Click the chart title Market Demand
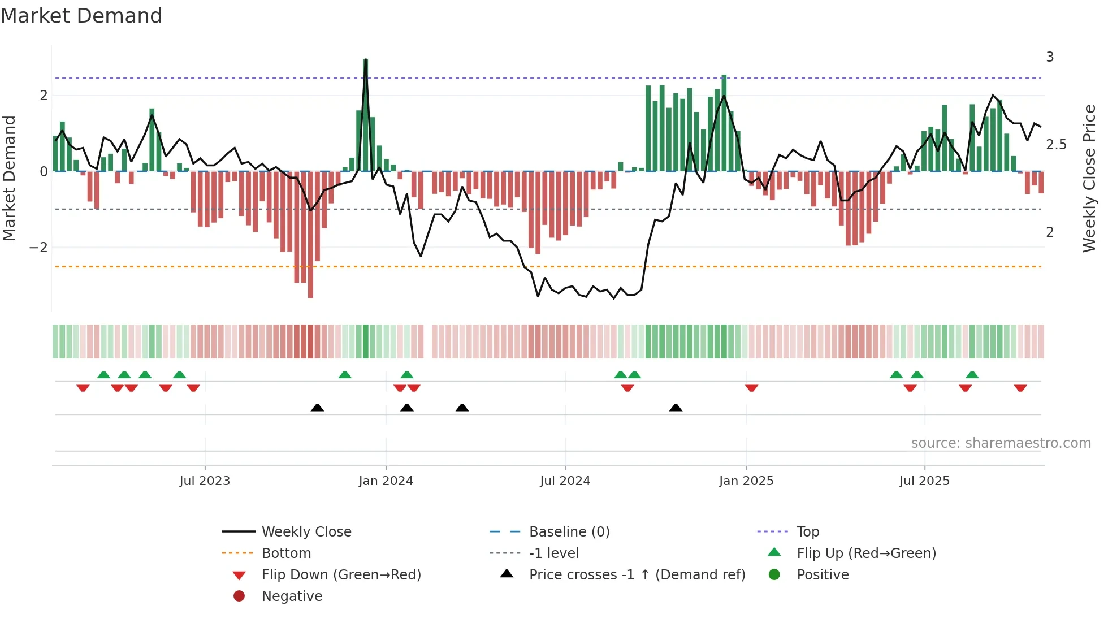[x=81, y=16]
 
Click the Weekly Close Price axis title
[x=1089, y=178]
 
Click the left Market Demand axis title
[x=10, y=178]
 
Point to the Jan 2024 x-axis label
[x=386, y=481]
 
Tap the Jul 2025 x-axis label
[x=924, y=481]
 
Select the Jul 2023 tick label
[x=205, y=481]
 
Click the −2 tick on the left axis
[x=38, y=248]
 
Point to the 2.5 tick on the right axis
[x=1056, y=145]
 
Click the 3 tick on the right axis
[x=1050, y=57]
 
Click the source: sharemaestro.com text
[x=1001, y=443]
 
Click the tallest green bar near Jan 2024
[x=366, y=113]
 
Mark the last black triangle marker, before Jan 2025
[x=676, y=408]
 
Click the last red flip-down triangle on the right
[x=1020, y=388]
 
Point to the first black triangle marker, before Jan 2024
[x=317, y=408]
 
